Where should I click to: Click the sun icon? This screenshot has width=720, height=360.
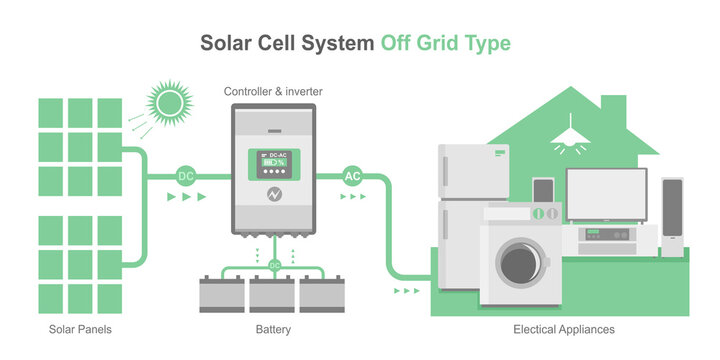click(167, 102)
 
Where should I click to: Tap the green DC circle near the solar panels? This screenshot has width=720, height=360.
click(186, 176)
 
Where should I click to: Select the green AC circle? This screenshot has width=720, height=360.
click(352, 176)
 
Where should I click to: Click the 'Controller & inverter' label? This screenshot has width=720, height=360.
click(273, 92)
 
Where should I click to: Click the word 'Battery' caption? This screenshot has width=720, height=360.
click(274, 329)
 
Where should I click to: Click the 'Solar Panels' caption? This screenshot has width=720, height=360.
click(79, 329)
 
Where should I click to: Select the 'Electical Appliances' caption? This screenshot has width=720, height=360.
click(563, 329)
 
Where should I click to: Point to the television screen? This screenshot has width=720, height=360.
click(607, 194)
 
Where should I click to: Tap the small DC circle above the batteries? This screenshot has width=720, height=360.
click(274, 265)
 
